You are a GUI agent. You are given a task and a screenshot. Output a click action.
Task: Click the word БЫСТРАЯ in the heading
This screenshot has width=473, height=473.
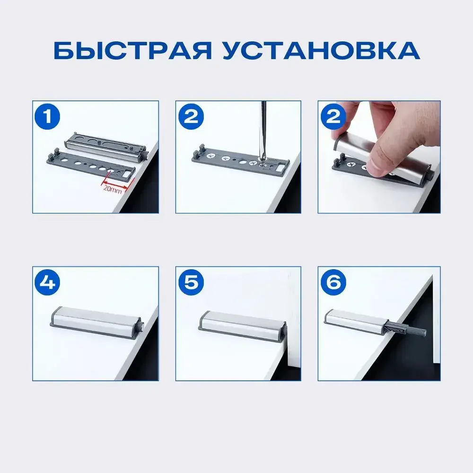(132, 51)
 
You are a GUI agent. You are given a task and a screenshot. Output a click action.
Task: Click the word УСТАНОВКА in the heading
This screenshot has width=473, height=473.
(322, 51)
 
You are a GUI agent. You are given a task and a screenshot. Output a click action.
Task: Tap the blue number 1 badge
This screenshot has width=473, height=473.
(47, 117)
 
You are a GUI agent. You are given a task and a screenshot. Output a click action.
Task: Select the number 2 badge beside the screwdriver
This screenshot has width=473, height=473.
(191, 117)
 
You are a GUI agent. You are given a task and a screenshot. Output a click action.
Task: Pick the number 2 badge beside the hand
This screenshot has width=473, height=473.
(333, 117)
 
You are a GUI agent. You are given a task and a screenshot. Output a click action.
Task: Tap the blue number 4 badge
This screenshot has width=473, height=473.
(47, 283)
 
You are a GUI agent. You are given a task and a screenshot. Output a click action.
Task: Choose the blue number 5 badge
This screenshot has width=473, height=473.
(191, 283)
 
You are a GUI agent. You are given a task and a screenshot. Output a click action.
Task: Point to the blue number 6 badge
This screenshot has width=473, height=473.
(333, 283)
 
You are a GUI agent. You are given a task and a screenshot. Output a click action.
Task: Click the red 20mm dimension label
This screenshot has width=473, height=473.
(113, 190)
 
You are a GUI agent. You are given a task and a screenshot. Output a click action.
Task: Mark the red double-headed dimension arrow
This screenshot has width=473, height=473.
(115, 184)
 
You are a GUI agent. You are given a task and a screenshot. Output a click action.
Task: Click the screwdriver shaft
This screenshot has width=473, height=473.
(263, 130)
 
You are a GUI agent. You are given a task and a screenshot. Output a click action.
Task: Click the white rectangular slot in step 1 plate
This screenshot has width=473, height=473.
(127, 174)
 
